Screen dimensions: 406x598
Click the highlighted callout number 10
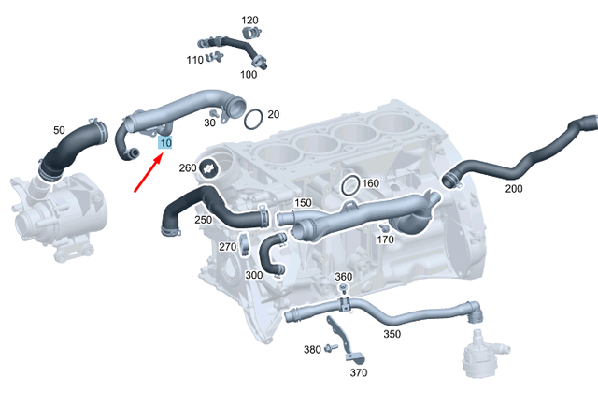(165, 143)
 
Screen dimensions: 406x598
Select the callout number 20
(274, 114)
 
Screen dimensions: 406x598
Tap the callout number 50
(59, 129)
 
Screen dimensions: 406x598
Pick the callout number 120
(249, 20)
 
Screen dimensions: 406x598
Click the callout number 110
(194, 60)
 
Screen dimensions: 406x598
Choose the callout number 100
(249, 74)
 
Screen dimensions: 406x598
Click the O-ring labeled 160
(349, 184)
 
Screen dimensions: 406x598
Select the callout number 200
(514, 188)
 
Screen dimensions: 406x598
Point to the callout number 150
(303, 203)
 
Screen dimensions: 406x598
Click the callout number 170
(385, 240)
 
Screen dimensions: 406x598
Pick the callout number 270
(228, 247)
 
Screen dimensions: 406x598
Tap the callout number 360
(343, 277)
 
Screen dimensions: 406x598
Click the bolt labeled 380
(331, 349)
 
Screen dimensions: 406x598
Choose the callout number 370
(359, 372)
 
